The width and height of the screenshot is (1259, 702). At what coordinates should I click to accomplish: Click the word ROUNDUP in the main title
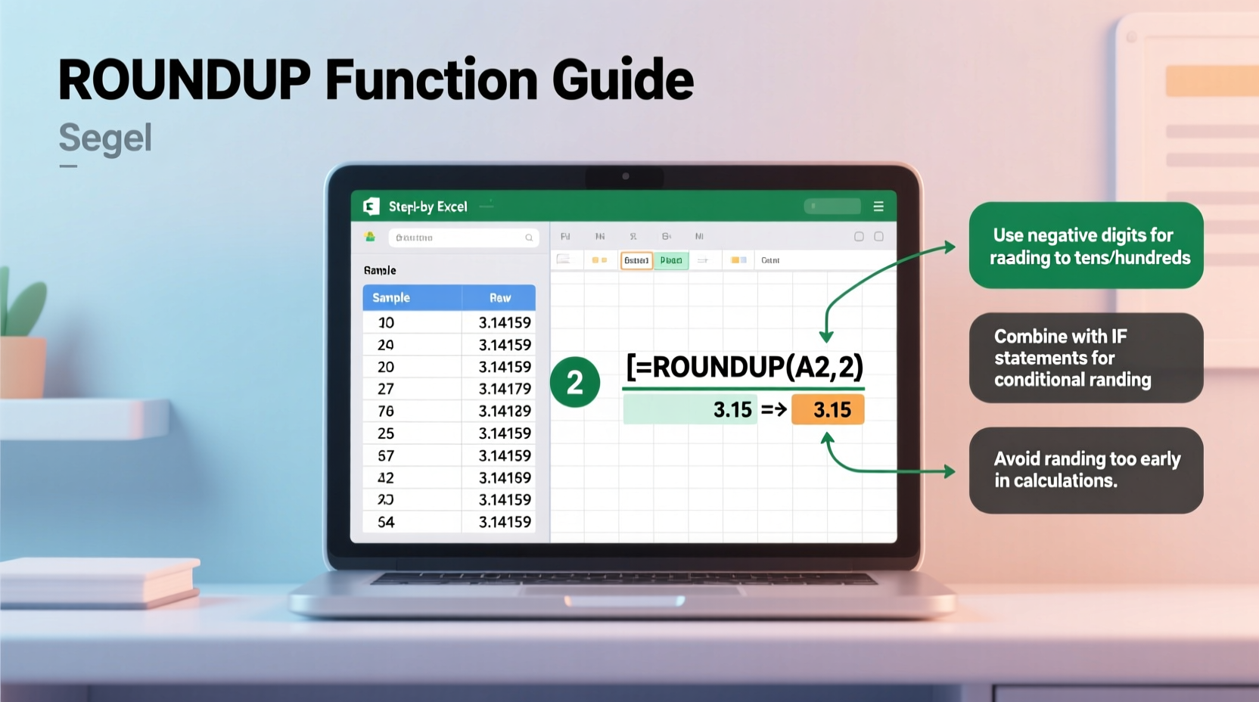(x=185, y=80)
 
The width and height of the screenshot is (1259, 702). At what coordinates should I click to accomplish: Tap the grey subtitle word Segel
(x=105, y=138)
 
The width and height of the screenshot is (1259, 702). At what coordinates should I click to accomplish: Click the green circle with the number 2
(x=575, y=382)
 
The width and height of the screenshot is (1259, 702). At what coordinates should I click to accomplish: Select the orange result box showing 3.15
(x=828, y=410)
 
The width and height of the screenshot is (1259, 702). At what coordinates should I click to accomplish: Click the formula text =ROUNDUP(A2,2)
(x=745, y=367)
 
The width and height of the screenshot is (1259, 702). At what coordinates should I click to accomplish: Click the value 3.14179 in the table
(x=505, y=389)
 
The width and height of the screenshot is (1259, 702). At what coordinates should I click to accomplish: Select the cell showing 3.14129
(x=505, y=411)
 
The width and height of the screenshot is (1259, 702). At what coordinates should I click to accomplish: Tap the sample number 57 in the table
(x=386, y=455)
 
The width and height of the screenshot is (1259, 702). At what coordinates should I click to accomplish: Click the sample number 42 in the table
(x=386, y=477)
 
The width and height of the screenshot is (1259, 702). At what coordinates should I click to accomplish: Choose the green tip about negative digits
(x=1086, y=246)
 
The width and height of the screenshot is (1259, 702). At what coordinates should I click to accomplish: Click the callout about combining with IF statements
(x=1086, y=358)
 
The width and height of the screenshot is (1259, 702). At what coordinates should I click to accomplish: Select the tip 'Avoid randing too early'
(x=1086, y=470)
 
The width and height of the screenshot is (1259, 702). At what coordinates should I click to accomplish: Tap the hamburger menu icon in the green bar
(x=878, y=207)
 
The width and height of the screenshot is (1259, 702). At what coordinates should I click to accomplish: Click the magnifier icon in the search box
(x=529, y=238)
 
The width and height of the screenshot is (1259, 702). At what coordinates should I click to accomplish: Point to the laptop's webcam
(x=626, y=176)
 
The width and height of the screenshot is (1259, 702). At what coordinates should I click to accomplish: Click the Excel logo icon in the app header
(x=371, y=207)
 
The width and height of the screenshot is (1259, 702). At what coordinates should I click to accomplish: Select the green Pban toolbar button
(x=671, y=260)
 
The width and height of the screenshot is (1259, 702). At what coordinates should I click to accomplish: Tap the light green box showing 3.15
(x=689, y=410)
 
